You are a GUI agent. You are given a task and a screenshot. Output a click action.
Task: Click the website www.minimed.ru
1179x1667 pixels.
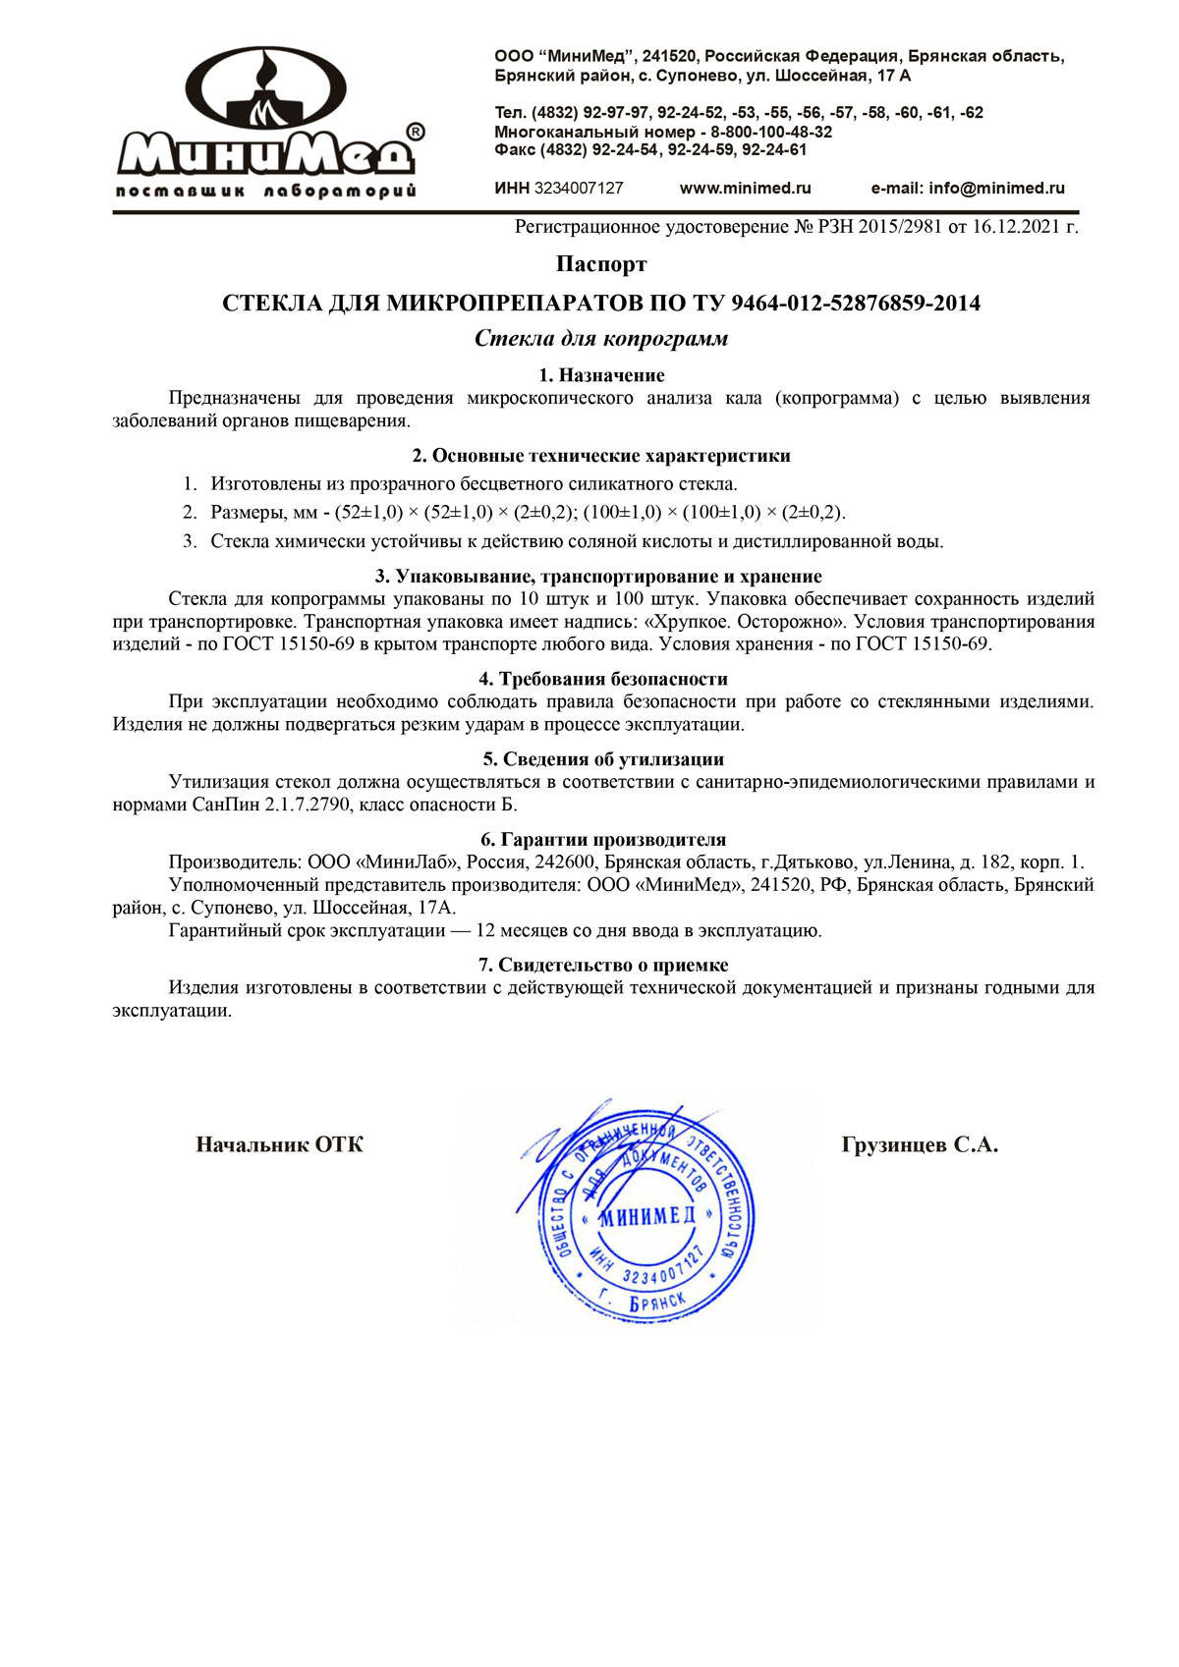[x=745, y=188]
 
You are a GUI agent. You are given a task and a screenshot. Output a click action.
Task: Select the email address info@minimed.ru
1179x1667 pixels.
[x=996, y=188]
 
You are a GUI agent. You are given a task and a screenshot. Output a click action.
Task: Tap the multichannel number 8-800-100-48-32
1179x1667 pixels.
[x=771, y=132]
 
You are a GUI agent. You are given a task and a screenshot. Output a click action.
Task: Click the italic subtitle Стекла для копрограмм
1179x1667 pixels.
[x=601, y=339]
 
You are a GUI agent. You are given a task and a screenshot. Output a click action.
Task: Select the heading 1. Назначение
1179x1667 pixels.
[x=601, y=375]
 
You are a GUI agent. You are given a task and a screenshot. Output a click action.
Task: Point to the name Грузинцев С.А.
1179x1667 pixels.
[x=920, y=1144]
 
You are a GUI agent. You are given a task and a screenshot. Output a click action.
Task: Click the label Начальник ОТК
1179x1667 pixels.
[x=280, y=1144]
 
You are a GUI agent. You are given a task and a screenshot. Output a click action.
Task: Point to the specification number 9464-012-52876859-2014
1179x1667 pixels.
[x=856, y=303]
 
